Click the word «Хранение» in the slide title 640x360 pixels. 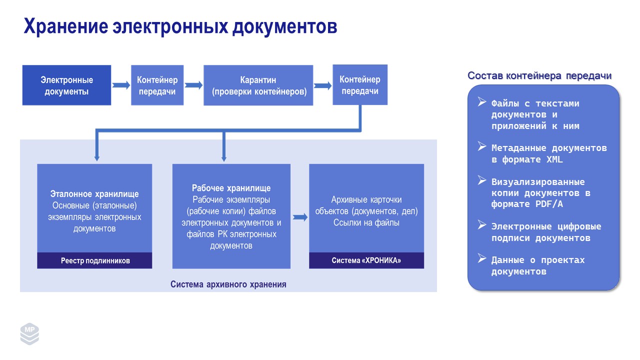point(64,26)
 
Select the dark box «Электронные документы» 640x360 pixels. point(66,85)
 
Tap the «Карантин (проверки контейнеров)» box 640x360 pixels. point(258,85)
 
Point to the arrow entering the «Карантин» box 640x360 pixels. point(193,85)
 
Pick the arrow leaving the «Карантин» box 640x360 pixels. point(323,85)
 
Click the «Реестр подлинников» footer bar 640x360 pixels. point(95,260)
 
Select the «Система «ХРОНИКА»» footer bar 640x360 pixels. point(366,260)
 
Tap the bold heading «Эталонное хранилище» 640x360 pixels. point(94,194)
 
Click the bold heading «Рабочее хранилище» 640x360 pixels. point(231,188)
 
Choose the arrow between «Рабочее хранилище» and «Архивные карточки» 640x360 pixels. point(300,217)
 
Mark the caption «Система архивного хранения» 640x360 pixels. point(228,284)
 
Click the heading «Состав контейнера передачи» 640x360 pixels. point(539,76)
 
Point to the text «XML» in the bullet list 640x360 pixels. point(552,159)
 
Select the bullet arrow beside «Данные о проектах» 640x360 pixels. point(482,258)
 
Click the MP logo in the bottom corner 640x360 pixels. point(29,333)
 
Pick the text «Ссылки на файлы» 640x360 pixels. point(366,223)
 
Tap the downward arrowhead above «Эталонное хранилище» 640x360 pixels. point(96,156)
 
